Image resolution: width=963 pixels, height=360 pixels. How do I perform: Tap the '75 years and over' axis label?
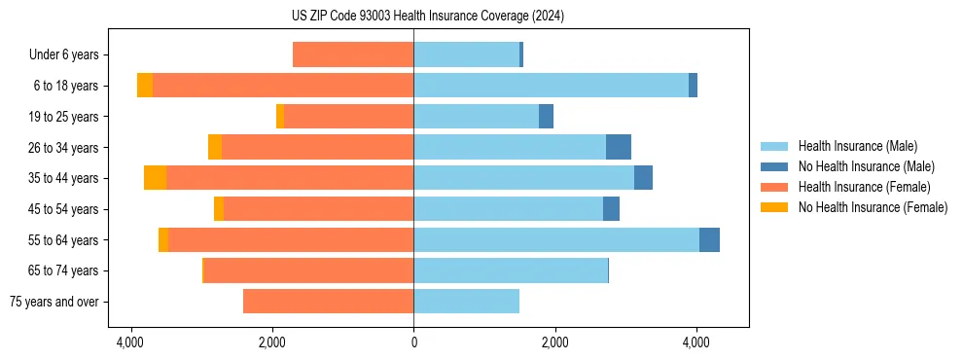point(54,302)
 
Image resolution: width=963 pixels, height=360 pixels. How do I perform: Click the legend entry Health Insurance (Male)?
point(857,146)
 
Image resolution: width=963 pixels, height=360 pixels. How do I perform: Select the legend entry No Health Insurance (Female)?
point(873,207)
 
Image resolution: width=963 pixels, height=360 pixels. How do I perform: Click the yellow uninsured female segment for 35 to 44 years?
point(155,178)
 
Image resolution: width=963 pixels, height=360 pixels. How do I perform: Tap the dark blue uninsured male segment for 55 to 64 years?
point(709,239)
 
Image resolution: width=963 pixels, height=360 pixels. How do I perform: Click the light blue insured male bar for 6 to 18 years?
point(551,86)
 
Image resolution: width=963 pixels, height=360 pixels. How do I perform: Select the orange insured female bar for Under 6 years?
point(353,55)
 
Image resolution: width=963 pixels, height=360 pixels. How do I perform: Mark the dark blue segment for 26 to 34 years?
point(619,147)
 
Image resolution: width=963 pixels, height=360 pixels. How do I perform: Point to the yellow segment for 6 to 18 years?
point(145,86)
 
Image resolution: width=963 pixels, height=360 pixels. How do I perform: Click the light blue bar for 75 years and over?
point(466,302)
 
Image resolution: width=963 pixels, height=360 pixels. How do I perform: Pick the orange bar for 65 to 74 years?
point(309,270)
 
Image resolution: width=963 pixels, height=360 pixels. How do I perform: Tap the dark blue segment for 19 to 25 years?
point(546,117)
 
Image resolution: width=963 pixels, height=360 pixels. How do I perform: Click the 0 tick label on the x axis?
point(413,342)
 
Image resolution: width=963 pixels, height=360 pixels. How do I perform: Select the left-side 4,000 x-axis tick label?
point(130,342)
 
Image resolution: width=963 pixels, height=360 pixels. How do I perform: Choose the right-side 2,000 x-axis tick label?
point(554,342)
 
